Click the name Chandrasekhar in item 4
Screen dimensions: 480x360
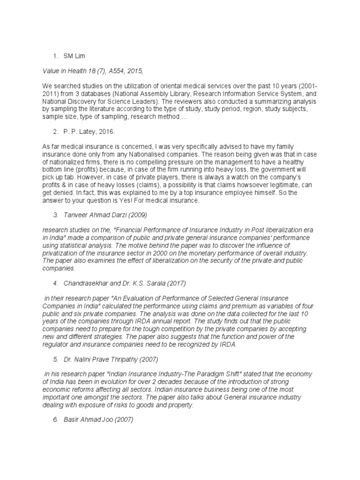[88, 284]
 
